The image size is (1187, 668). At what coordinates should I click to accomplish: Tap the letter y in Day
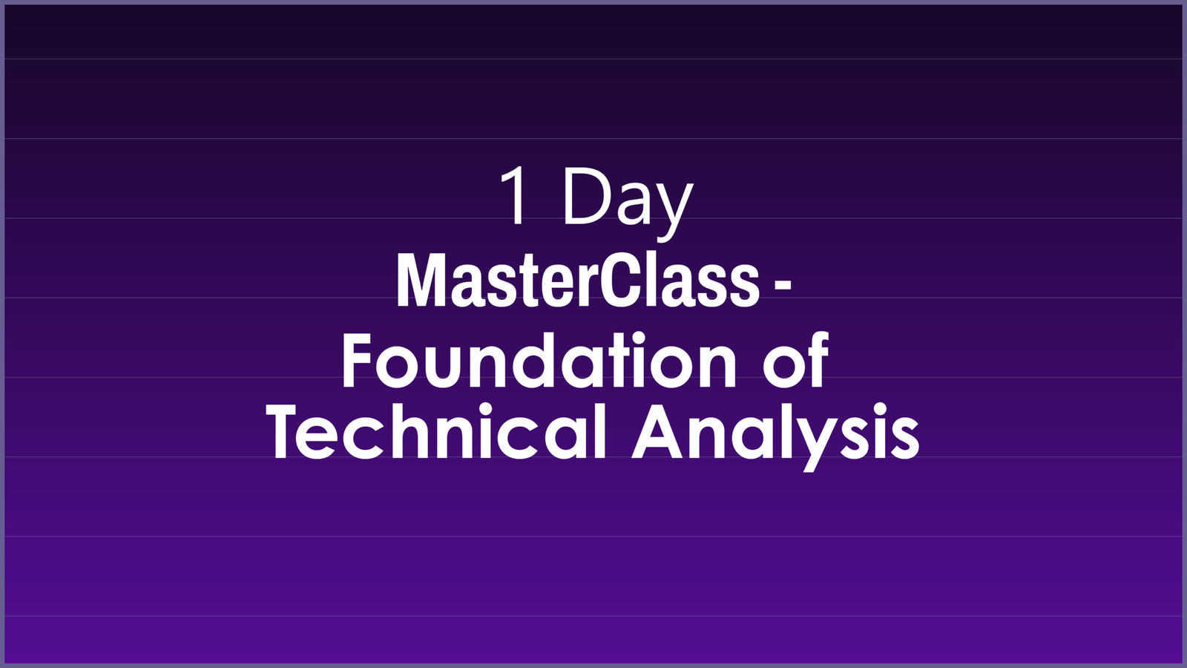click(x=674, y=208)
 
